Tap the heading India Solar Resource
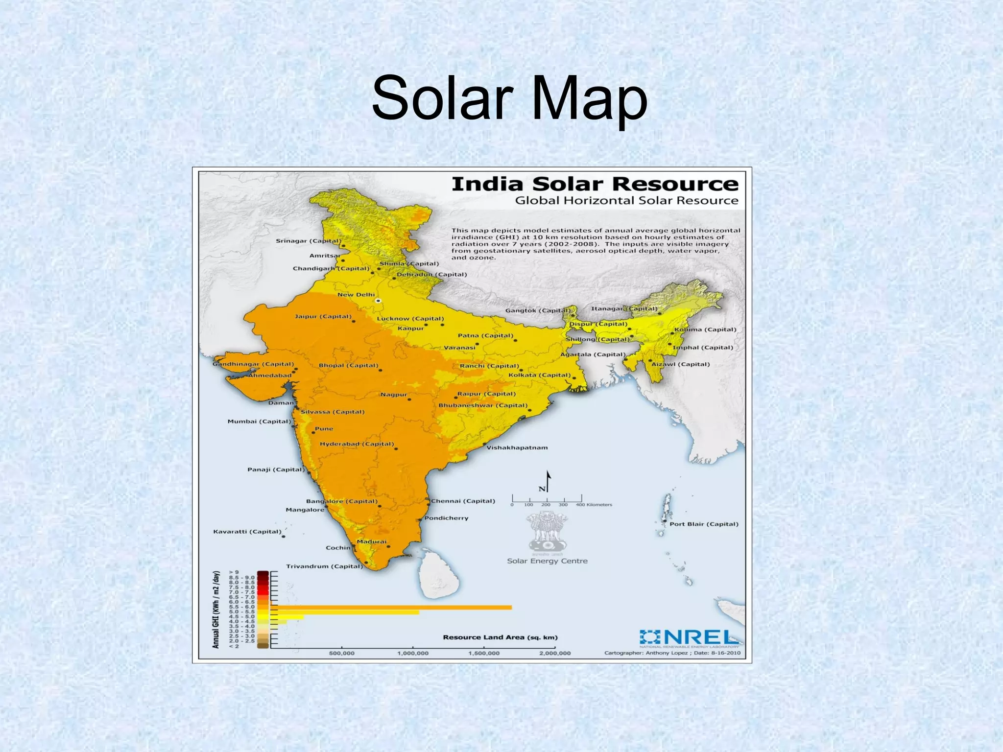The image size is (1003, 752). [595, 185]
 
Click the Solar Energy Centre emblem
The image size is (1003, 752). [547, 532]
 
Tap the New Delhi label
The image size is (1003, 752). [356, 295]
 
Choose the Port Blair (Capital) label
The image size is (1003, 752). [704, 524]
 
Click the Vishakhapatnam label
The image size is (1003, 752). [517, 447]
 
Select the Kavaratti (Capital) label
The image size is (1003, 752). [247, 532]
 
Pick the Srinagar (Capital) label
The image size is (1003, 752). [308, 241]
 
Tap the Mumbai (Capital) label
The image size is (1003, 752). [259, 422]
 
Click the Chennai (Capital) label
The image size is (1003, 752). [463, 501]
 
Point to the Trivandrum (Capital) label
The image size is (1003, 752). [324, 566]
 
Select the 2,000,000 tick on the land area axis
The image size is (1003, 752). [555, 653]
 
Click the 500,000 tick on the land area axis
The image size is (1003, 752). [341, 653]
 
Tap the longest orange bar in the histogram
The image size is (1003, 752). [392, 608]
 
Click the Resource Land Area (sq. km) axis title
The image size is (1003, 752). [500, 637]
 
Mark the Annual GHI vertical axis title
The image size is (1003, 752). [215, 609]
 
